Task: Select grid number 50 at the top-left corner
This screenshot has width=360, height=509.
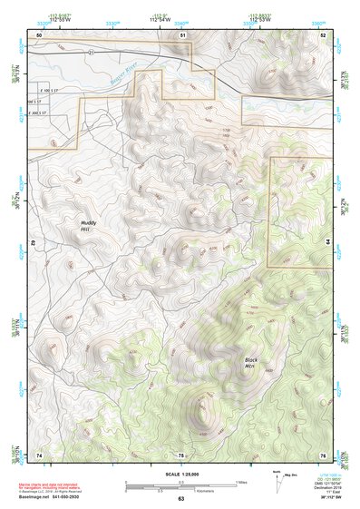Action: click(39, 34)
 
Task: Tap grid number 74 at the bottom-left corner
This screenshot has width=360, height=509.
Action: click(39, 454)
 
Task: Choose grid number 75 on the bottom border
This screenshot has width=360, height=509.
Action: click(181, 454)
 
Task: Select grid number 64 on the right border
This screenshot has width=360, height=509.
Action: click(329, 243)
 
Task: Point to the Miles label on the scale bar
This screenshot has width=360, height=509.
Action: click(241, 481)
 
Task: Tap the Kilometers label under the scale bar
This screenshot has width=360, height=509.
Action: click(180, 490)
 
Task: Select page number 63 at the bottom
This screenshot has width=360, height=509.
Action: click(180, 499)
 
